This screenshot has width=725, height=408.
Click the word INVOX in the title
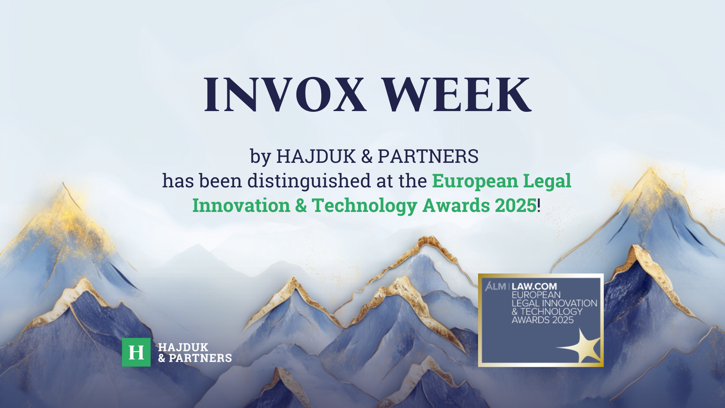(x=285, y=94)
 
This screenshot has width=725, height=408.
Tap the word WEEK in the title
(x=457, y=94)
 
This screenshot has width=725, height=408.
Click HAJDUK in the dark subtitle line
(x=316, y=156)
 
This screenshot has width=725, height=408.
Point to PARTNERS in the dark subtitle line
(x=428, y=156)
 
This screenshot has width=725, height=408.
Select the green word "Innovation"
(x=241, y=206)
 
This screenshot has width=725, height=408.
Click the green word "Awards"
(x=456, y=206)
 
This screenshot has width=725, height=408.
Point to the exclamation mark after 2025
(x=539, y=206)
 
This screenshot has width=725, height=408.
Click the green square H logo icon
(x=136, y=352)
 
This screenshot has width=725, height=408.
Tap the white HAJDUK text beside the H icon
(x=183, y=347)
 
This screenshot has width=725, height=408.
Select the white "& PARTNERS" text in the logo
(x=195, y=358)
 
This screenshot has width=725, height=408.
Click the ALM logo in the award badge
(x=495, y=286)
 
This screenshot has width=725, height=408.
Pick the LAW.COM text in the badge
(x=534, y=286)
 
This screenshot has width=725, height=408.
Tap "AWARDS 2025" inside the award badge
(x=543, y=320)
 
